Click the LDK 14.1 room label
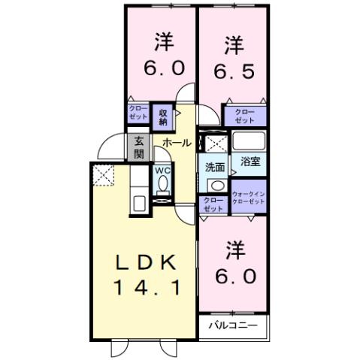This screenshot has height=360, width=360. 147,274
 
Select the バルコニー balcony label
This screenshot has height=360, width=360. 233,326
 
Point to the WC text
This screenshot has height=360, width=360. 162,171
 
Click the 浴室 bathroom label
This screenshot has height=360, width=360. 250,160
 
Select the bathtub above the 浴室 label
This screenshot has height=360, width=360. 249,141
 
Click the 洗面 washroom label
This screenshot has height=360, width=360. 216,167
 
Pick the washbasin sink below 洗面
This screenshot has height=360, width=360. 216,185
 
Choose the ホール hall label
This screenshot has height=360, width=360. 176,141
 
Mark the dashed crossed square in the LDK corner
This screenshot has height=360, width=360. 102,176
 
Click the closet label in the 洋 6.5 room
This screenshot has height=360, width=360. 244,116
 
